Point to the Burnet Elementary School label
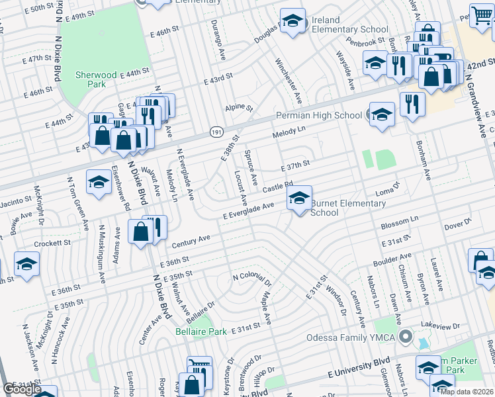pos(347,208)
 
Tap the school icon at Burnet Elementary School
pos(299,198)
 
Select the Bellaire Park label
pos(201,331)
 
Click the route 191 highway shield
pos(216,132)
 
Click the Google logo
pos(22,389)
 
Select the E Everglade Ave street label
pos(248,211)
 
